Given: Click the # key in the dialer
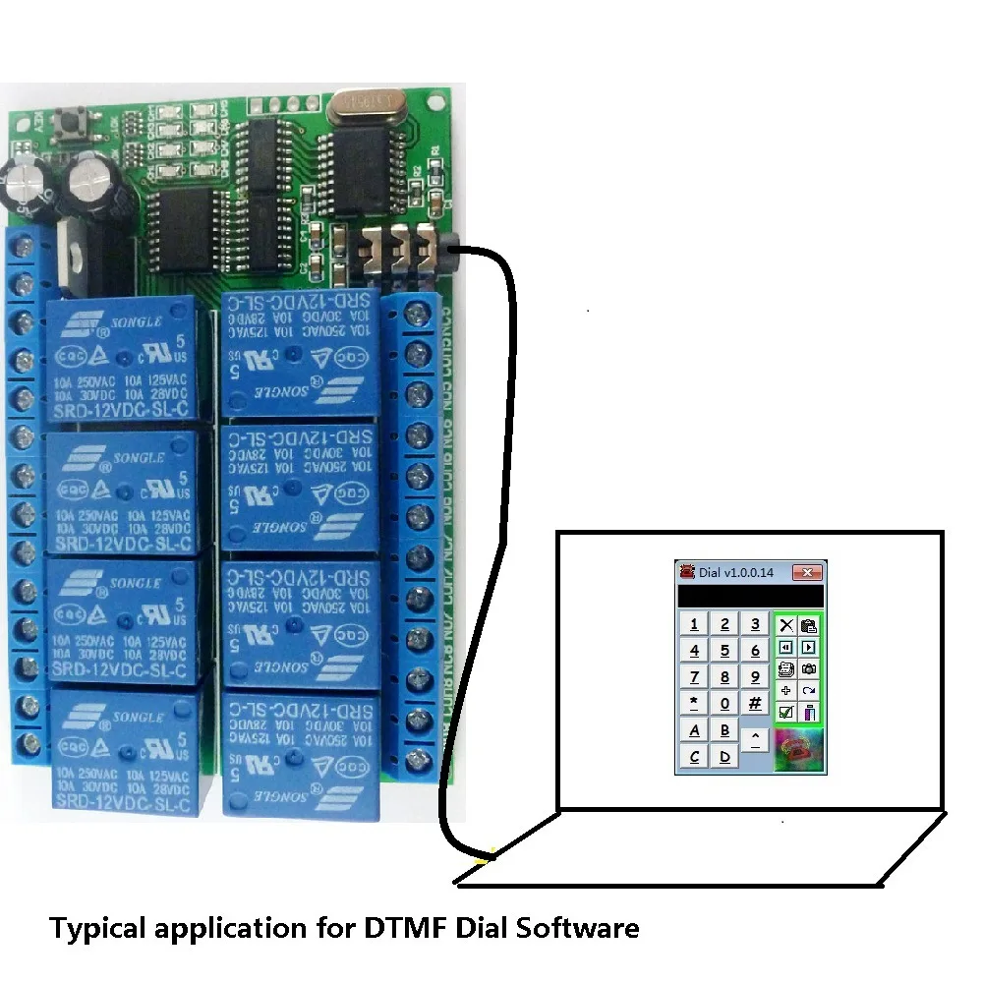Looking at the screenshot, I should (x=755, y=703).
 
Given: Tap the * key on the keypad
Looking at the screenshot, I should (x=695, y=703).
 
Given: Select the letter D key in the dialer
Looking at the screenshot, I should (x=724, y=756).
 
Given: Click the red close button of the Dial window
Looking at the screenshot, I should (x=808, y=572).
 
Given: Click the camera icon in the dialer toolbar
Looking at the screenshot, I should (x=809, y=669).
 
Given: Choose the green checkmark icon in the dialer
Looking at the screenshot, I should (x=786, y=713).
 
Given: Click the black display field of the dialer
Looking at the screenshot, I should (x=750, y=596).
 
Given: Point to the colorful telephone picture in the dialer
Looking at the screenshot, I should (x=797, y=750).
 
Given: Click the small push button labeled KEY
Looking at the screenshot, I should (x=72, y=123).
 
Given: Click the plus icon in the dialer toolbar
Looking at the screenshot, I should (x=785, y=690).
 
